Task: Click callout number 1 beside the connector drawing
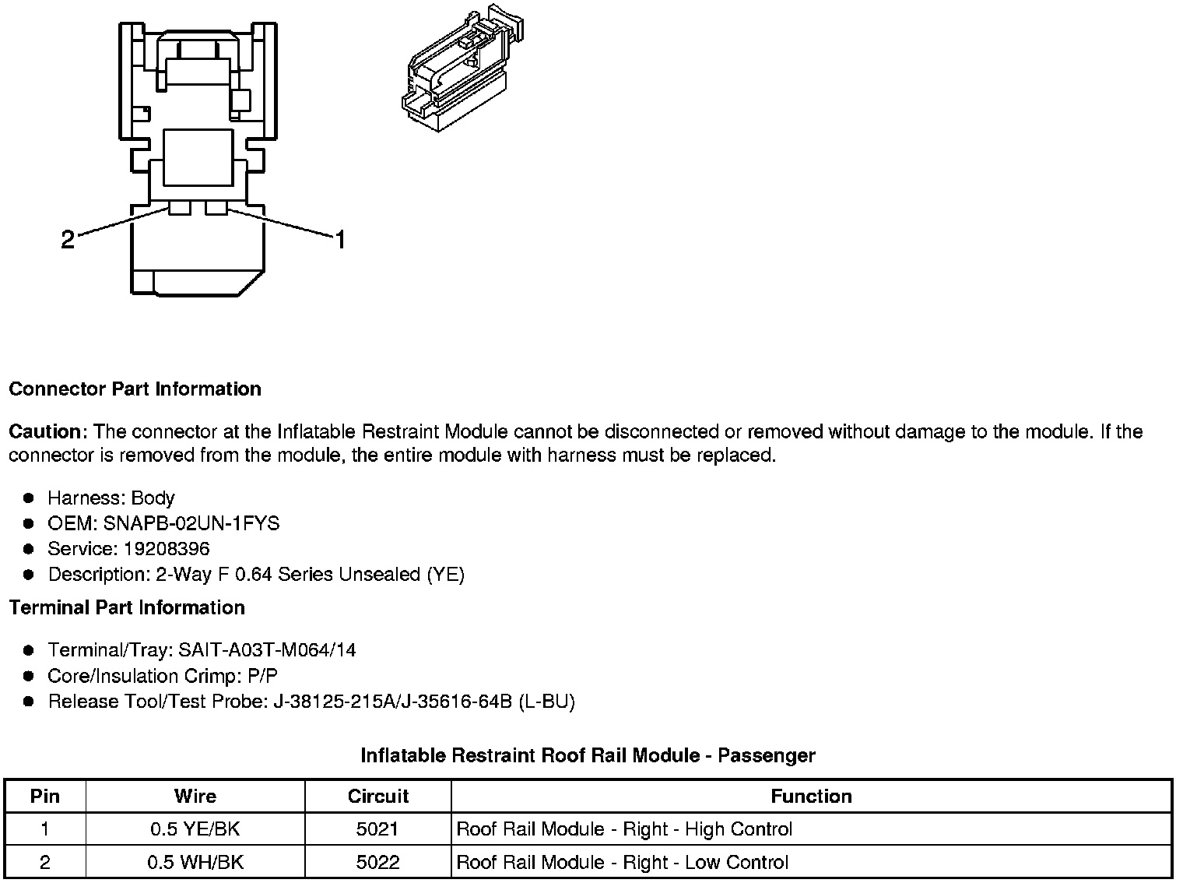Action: pos(339,240)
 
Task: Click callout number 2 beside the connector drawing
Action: pos(68,240)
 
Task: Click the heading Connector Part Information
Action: pos(135,389)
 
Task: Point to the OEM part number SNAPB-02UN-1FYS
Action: pos(191,523)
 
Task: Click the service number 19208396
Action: pos(167,549)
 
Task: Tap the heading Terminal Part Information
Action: pos(127,607)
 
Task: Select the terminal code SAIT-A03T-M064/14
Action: pos(267,650)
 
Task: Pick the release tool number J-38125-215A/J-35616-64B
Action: pos(392,702)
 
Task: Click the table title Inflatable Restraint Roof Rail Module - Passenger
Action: pos(588,755)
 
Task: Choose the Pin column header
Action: pos(44,796)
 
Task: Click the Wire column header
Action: pos(195,796)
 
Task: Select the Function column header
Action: pos(811,796)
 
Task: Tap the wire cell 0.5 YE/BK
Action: pos(195,829)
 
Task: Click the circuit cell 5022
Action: pos(377,862)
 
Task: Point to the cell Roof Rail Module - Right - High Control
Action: pos(624,829)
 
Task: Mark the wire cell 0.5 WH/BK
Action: pos(195,862)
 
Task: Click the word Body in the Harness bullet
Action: pos(153,498)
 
